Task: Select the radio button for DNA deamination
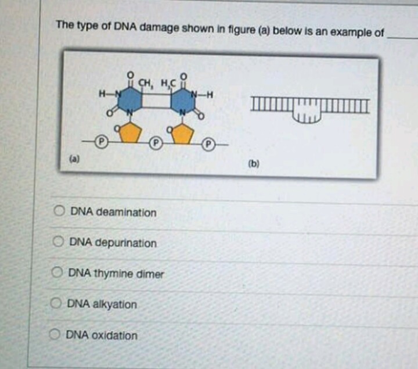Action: pos(60,212)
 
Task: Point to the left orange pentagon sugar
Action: pos(131,133)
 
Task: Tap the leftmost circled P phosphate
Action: pos(100,141)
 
